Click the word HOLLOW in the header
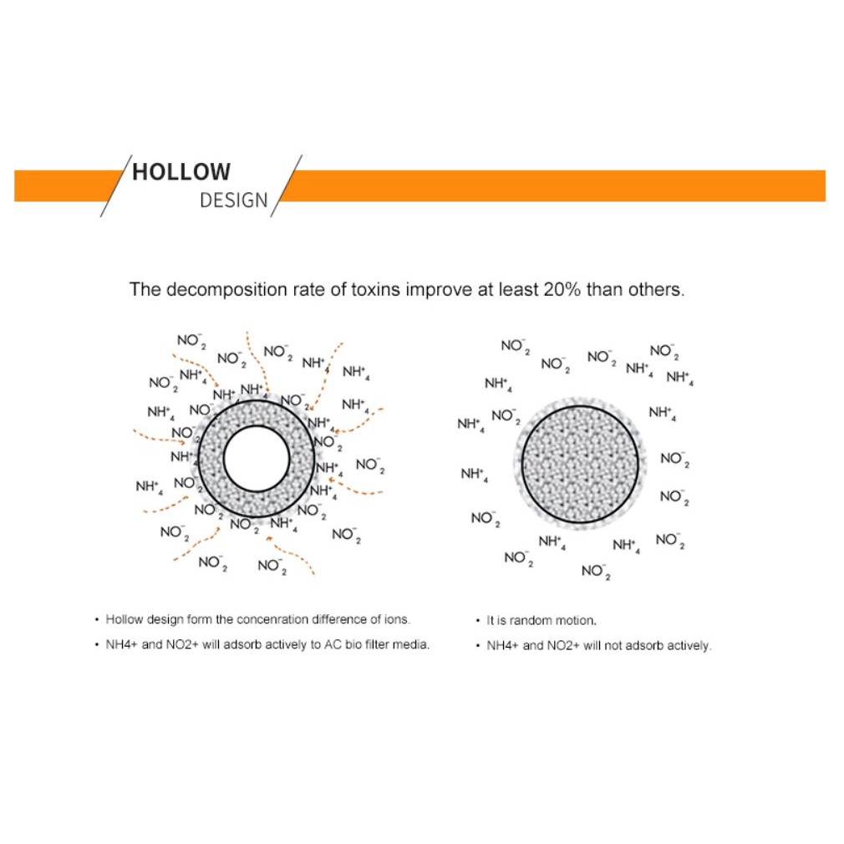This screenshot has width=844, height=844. (x=181, y=172)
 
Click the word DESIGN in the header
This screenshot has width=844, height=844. (x=234, y=201)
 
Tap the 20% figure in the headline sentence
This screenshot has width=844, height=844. (x=562, y=290)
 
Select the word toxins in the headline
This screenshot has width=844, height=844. (x=376, y=290)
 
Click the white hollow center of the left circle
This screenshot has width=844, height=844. (x=257, y=459)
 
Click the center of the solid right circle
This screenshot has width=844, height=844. (x=580, y=464)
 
